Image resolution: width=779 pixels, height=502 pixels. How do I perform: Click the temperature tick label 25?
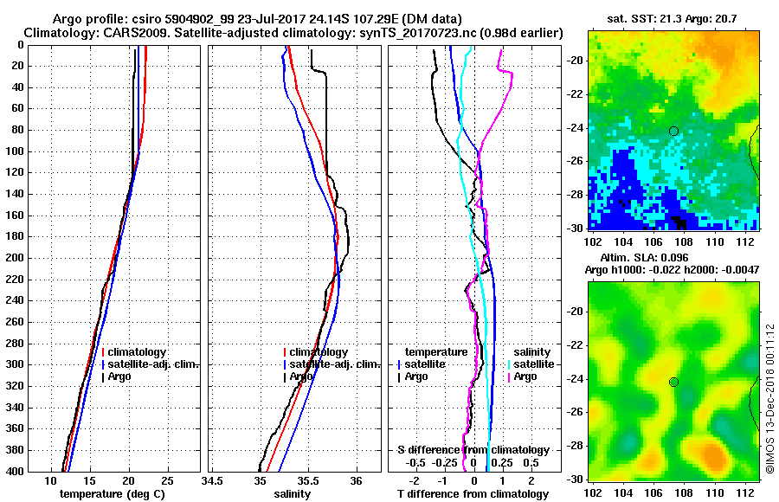click(168, 481)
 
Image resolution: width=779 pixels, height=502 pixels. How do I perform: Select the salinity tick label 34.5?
click(212, 481)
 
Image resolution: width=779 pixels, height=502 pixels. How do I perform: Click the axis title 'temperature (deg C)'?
click(112, 493)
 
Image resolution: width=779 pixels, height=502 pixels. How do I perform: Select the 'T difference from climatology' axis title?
click(473, 493)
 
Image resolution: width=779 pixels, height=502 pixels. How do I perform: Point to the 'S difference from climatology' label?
click(473, 450)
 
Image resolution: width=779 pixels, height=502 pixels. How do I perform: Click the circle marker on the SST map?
click(673, 132)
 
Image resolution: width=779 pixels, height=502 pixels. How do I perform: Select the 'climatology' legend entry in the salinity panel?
click(319, 352)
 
